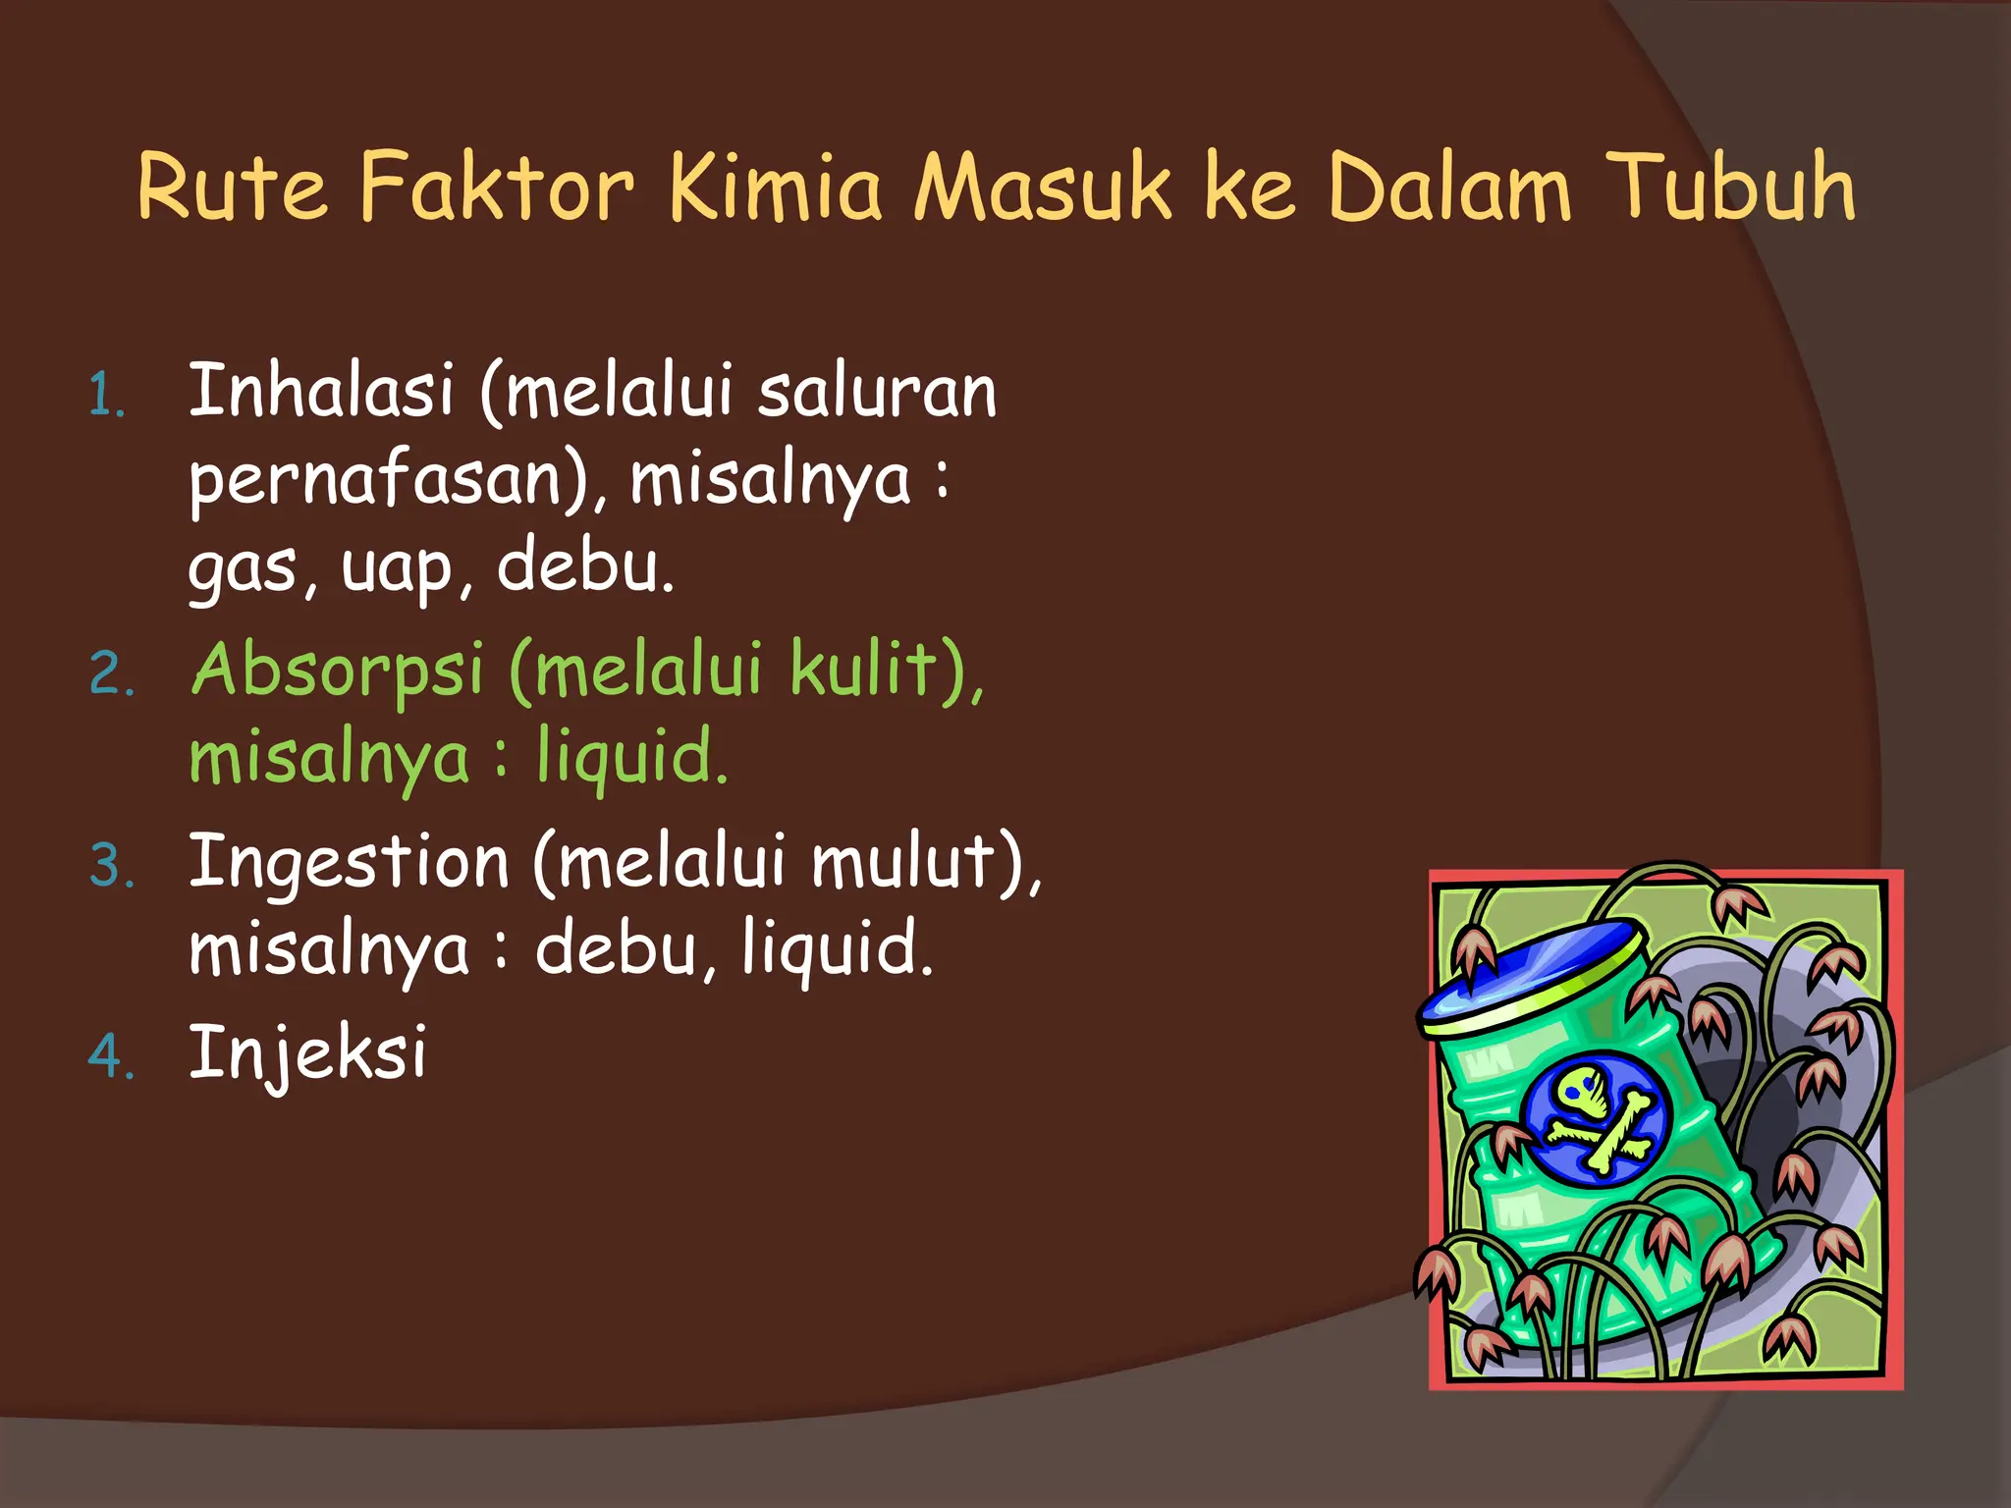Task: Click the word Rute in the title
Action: [x=232, y=187]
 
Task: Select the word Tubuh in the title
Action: [x=1733, y=187]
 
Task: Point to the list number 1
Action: [x=106, y=397]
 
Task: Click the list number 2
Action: [x=111, y=675]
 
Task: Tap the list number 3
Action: [x=111, y=867]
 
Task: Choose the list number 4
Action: [x=111, y=1057]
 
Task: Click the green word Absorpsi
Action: [x=338, y=670]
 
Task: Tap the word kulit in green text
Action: [x=864, y=670]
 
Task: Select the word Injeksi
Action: [x=307, y=1052]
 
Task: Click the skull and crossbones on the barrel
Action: [x=1597, y=1114]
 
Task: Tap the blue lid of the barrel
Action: [x=1532, y=972]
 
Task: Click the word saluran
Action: [x=877, y=392]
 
